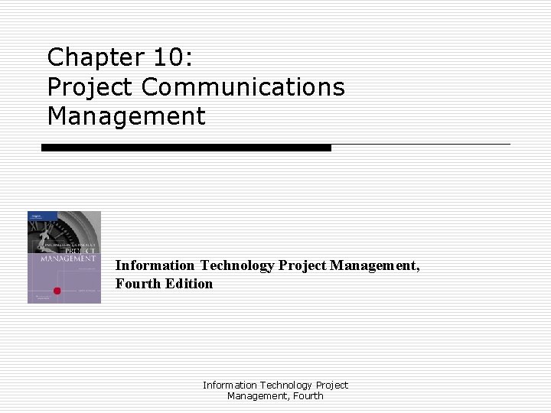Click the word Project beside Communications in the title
(x=90, y=88)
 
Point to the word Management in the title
(x=126, y=117)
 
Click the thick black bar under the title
(x=186, y=147)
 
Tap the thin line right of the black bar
(x=420, y=144)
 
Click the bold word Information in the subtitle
(x=155, y=265)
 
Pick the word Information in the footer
(x=230, y=385)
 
